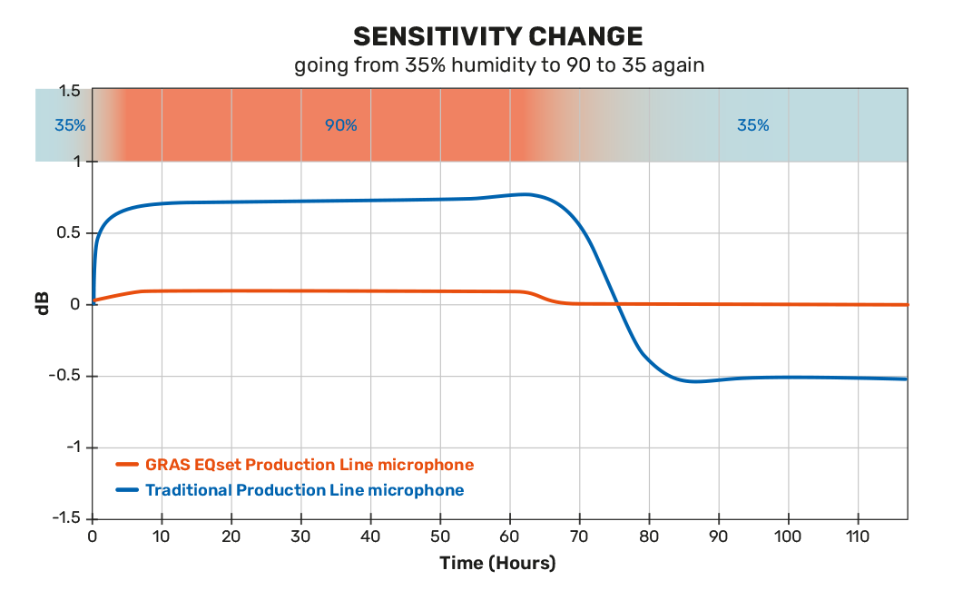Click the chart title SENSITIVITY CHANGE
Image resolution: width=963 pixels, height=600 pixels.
pyautogui.click(x=498, y=36)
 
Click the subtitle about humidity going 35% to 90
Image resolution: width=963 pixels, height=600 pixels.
pyautogui.click(x=498, y=65)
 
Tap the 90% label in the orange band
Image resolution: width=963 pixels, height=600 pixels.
pyautogui.click(x=341, y=125)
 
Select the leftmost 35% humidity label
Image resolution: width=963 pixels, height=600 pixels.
pyautogui.click(x=70, y=125)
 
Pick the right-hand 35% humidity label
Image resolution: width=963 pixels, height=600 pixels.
pyautogui.click(x=752, y=125)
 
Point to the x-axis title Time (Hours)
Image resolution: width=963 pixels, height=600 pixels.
pyautogui.click(x=497, y=563)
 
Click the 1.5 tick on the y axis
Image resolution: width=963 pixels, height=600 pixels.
pyautogui.click(x=70, y=91)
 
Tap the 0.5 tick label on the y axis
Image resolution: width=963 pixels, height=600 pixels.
pyautogui.click(x=70, y=233)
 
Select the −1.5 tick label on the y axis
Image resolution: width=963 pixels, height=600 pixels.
pyautogui.click(x=66, y=518)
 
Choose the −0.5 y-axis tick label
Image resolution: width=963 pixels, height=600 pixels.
pyautogui.click(x=66, y=376)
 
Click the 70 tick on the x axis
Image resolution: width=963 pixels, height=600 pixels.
pyautogui.click(x=579, y=536)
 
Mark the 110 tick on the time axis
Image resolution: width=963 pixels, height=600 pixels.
pyautogui.click(x=857, y=536)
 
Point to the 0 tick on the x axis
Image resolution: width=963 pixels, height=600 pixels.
pyautogui.click(x=93, y=536)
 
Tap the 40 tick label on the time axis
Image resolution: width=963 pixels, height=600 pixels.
pyautogui.click(x=370, y=536)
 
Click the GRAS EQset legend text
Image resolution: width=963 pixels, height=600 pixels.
pyautogui.click(x=310, y=465)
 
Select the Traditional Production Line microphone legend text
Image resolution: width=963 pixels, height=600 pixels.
pyautogui.click(x=305, y=490)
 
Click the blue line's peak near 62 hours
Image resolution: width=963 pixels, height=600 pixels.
pyautogui.click(x=525, y=193)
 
